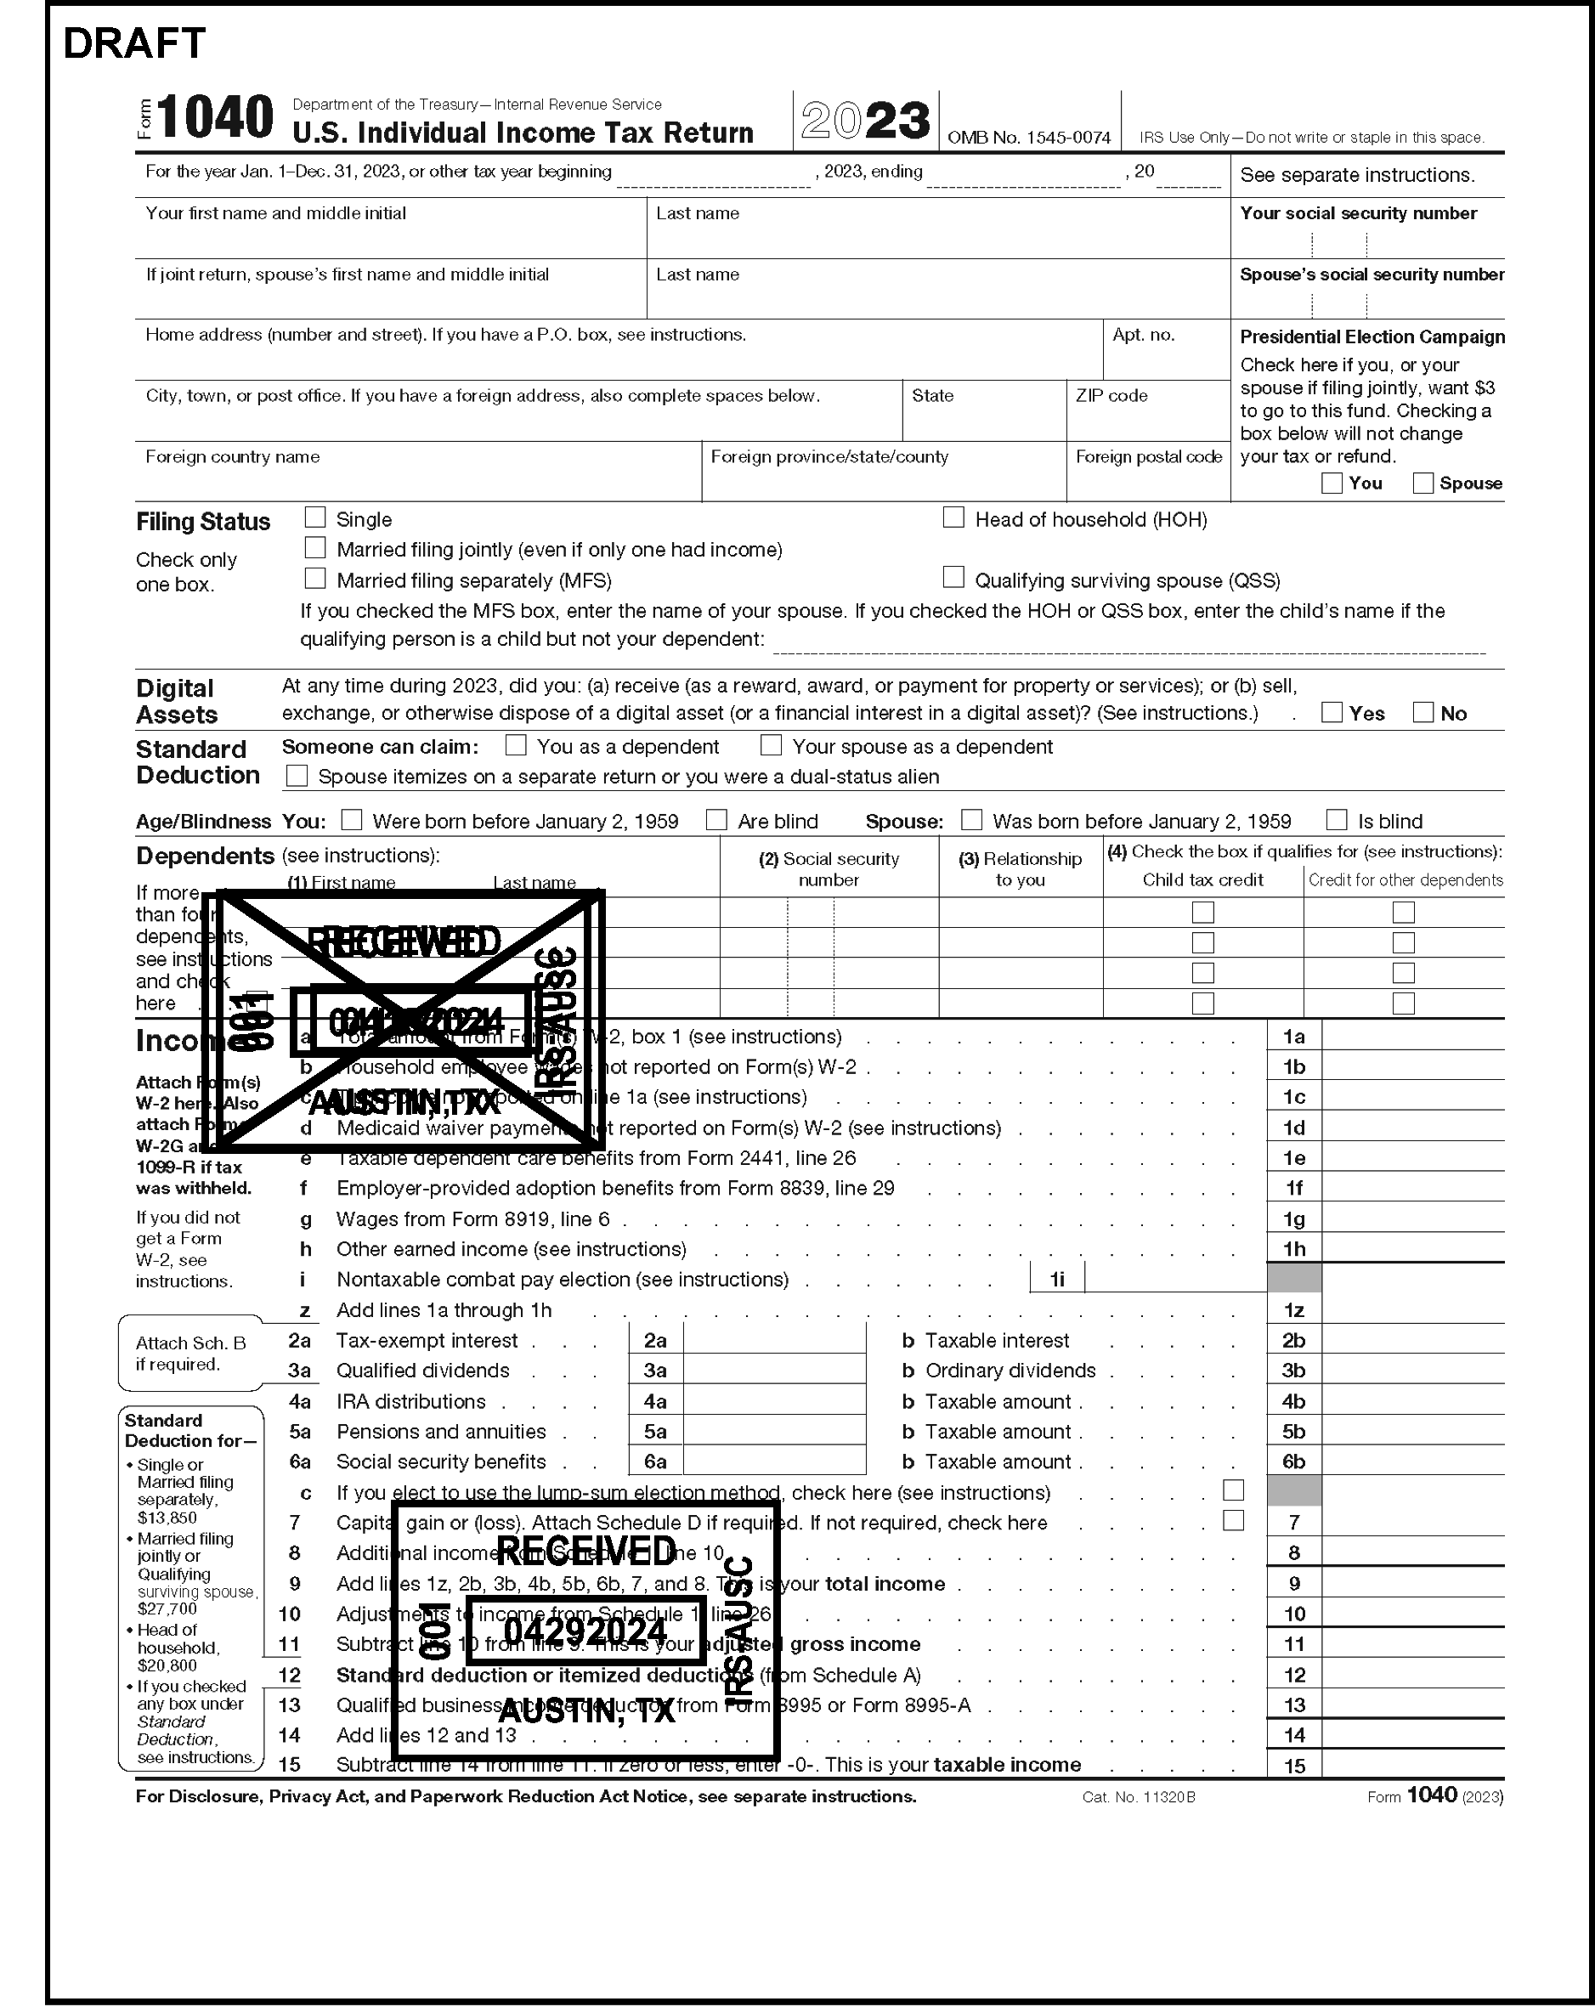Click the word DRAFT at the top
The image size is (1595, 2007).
[134, 43]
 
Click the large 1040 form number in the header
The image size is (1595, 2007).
[215, 118]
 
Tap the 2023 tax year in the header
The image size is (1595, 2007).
[866, 121]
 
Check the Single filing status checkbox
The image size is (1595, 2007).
[315, 517]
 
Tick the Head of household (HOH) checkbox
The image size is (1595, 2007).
[953, 517]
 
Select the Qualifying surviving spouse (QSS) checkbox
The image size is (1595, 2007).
[953, 578]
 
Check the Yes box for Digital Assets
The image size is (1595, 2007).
[1332, 713]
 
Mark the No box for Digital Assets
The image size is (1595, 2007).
[1422, 713]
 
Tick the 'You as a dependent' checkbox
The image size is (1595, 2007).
[516, 746]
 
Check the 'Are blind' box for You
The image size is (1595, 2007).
[716, 820]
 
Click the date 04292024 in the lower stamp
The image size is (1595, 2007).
[585, 1631]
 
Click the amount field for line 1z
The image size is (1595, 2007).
[1411, 1309]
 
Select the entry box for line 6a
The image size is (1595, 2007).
[774, 1461]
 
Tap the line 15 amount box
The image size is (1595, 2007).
[1411, 1765]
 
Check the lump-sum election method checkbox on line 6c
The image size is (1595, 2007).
[1233, 1490]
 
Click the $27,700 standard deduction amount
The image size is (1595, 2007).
[167, 1608]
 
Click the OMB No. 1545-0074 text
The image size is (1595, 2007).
[1029, 138]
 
